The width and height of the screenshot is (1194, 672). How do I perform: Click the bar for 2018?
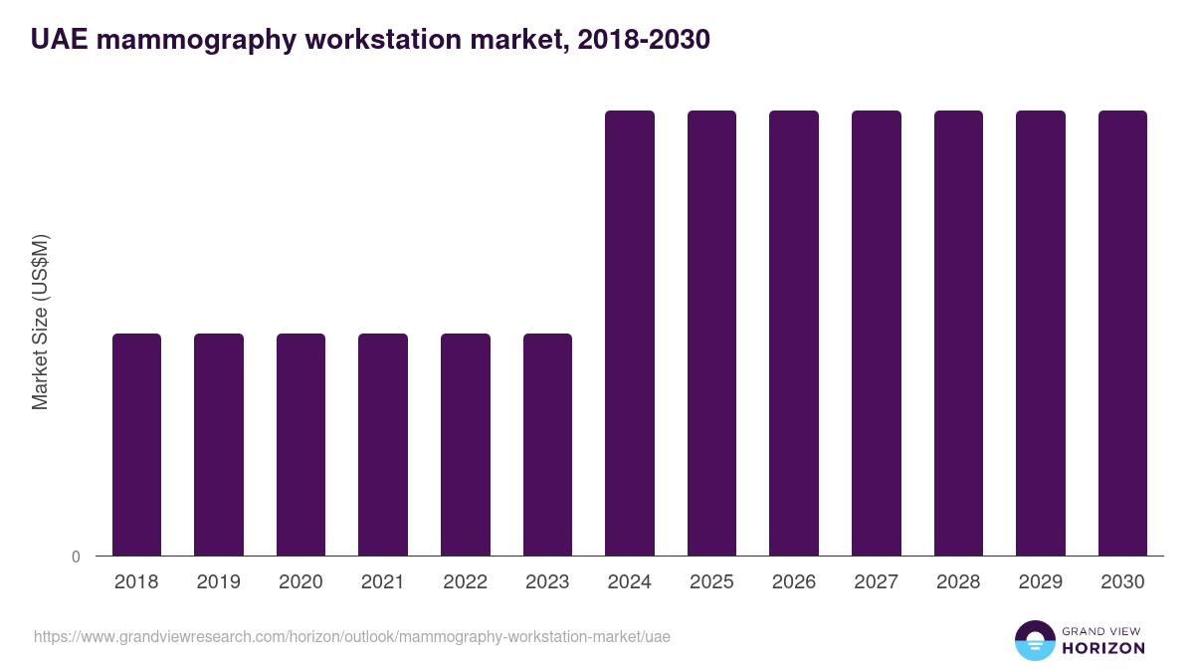(x=136, y=444)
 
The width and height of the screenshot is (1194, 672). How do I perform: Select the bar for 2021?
(x=383, y=444)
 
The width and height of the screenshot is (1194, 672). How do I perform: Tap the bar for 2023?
(x=547, y=444)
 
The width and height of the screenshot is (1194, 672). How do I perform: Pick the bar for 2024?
(x=630, y=333)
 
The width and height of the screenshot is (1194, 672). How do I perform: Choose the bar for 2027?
(x=877, y=333)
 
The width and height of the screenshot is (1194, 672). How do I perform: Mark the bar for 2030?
(x=1122, y=333)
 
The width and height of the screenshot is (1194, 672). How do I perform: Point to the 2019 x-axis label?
(x=219, y=582)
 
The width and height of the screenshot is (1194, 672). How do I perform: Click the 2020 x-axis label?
(x=300, y=582)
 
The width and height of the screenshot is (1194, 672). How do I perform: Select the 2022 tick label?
(x=465, y=582)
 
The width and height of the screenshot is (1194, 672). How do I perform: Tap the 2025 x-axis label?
(x=711, y=582)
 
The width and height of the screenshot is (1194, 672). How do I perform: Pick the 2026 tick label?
(x=794, y=582)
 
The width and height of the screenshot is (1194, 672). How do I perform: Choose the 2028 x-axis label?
(x=958, y=582)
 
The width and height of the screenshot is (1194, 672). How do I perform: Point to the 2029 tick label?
(x=1040, y=582)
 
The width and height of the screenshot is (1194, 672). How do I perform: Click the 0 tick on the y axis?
(x=76, y=557)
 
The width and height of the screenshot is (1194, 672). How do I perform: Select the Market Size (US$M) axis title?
(x=40, y=322)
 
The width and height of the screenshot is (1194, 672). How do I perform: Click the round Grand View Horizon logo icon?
(x=1034, y=640)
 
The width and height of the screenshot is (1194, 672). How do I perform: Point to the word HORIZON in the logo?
(x=1103, y=648)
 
